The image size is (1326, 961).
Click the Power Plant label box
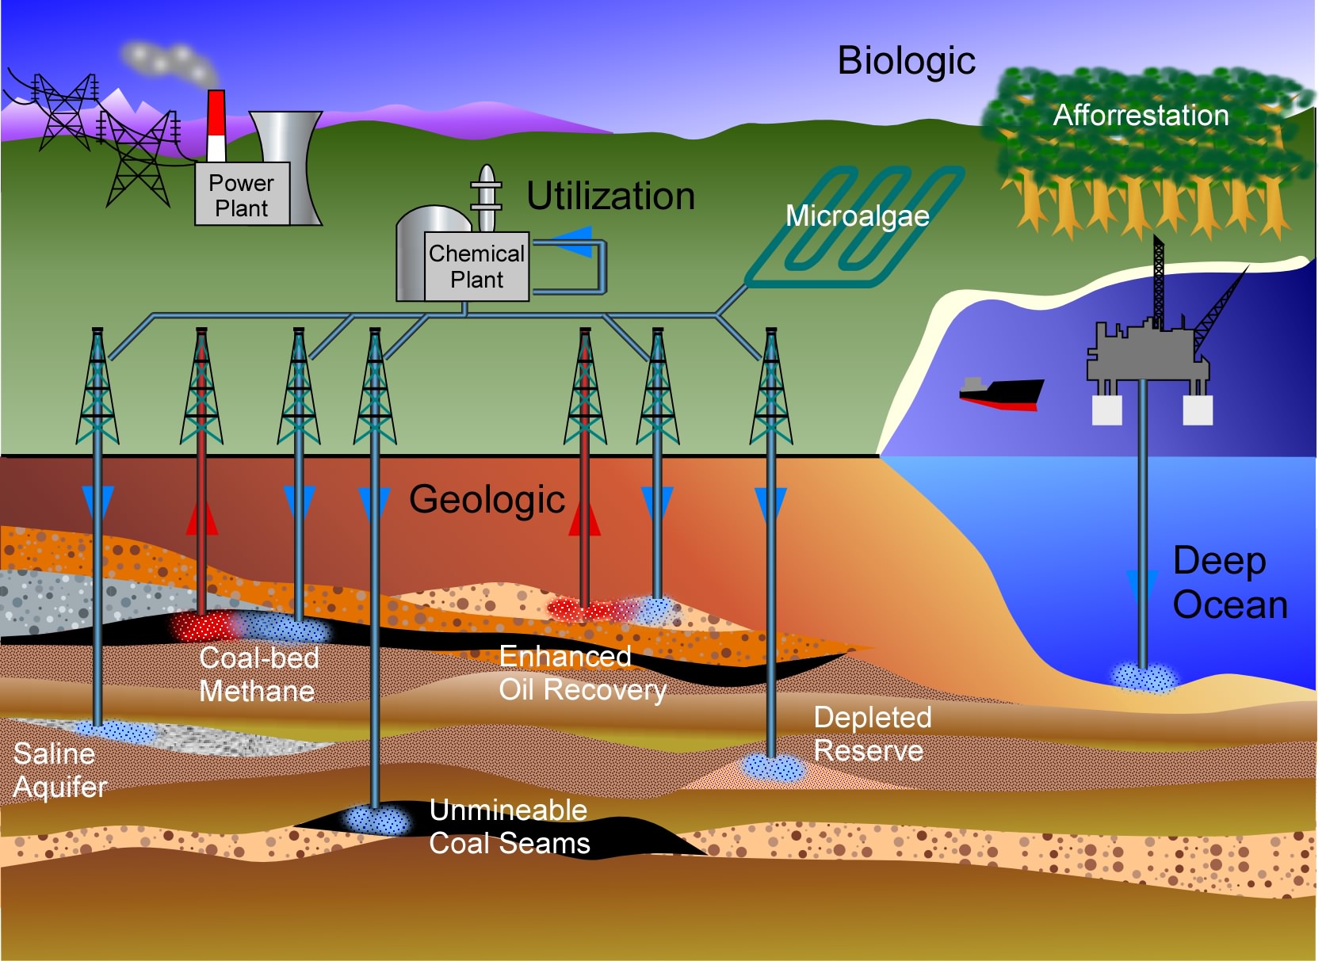point(242,195)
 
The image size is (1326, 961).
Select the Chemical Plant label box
point(476,266)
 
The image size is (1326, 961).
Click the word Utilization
point(610,196)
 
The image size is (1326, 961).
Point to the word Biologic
point(906,61)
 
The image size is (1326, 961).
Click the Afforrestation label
point(1141,116)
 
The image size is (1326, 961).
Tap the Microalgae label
point(857,215)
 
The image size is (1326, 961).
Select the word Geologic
point(487,500)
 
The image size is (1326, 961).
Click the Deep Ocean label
point(1229,582)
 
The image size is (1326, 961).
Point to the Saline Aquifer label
point(59,770)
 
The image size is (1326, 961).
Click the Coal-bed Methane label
point(258,674)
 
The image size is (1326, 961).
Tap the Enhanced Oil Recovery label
point(582,673)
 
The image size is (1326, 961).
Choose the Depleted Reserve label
point(872,734)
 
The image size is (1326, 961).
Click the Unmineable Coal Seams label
point(509,826)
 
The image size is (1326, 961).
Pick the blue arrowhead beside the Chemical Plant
point(574,242)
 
